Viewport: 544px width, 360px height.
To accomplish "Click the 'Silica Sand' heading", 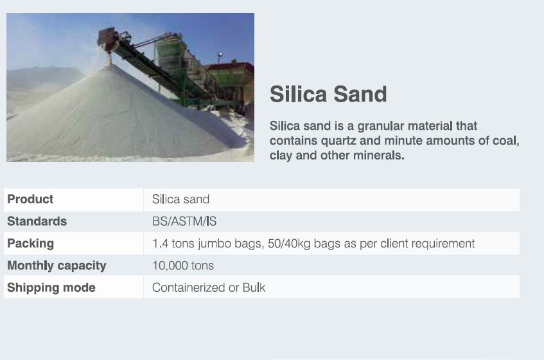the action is click(328, 94).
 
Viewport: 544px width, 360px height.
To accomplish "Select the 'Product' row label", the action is click(30, 199).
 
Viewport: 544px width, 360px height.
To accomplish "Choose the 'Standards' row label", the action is click(37, 221).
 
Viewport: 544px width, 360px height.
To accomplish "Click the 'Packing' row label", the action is click(31, 244).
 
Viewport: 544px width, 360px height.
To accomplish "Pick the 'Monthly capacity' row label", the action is click(57, 266).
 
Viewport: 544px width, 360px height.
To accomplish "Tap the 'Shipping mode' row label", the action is click(51, 288).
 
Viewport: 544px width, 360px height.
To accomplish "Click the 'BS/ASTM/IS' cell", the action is click(184, 221).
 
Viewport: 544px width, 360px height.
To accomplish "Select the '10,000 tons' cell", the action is click(183, 266).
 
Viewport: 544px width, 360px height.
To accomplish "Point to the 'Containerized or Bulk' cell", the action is click(209, 288).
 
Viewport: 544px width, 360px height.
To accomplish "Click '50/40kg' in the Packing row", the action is click(289, 244).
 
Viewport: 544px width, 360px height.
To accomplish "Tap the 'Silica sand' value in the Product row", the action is click(180, 199).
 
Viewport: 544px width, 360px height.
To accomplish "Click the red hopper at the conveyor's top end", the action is click(106, 37).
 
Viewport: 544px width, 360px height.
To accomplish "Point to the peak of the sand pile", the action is click(110, 66).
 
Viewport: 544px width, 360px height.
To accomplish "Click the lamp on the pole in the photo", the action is click(220, 55).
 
